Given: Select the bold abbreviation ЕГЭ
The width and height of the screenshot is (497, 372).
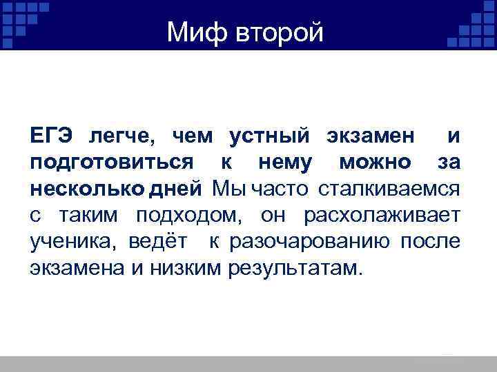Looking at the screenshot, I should click(50, 137).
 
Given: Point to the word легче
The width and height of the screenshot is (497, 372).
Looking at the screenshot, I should click(121, 137).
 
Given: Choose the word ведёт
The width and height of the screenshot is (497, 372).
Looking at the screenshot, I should click(150, 240).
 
